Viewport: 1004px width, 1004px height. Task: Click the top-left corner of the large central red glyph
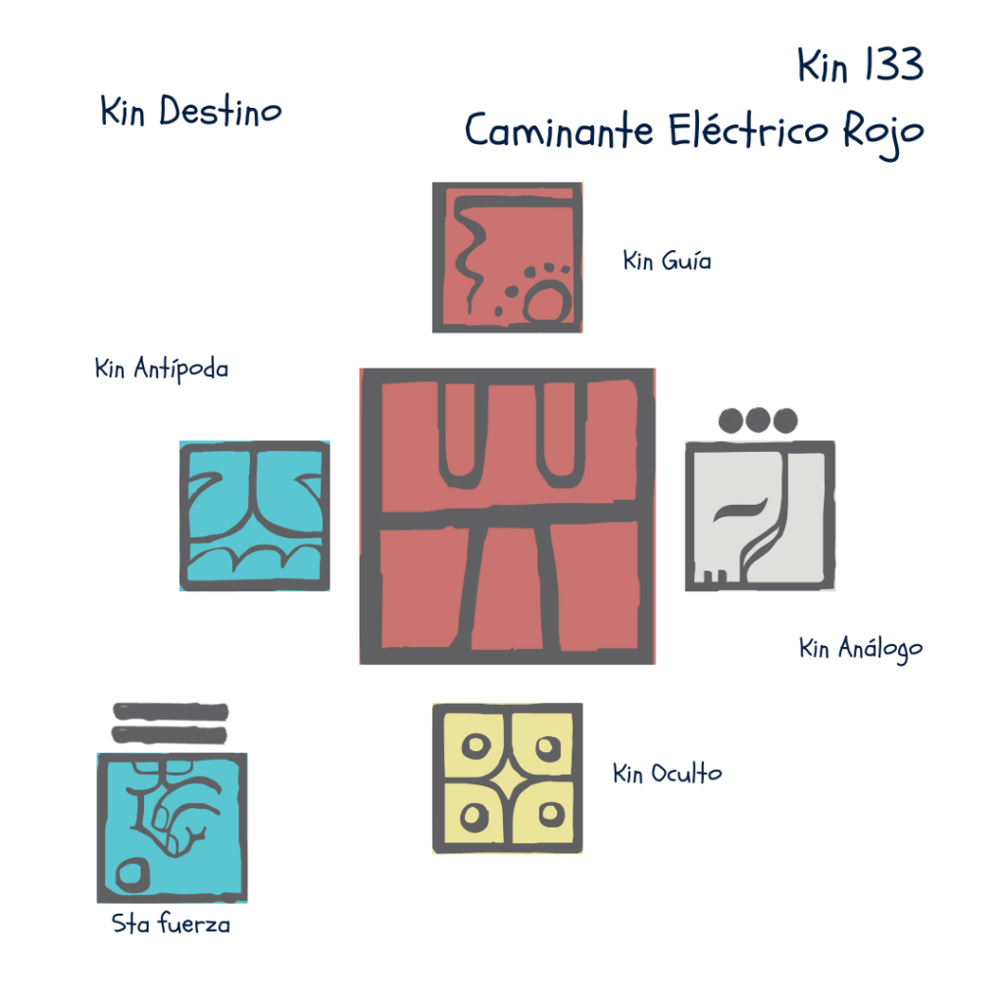point(361,370)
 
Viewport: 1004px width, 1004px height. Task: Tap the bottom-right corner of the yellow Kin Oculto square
point(582,853)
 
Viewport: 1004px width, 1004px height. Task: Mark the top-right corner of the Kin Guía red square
point(582,183)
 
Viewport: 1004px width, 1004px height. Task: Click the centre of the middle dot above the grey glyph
point(758,420)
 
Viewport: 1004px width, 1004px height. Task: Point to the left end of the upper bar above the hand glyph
point(114,712)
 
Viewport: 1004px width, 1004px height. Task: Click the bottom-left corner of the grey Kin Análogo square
point(685,589)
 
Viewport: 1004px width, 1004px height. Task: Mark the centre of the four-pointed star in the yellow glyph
point(508,778)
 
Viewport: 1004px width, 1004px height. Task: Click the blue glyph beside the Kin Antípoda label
point(255,516)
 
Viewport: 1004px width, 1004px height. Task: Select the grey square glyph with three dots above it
point(760,516)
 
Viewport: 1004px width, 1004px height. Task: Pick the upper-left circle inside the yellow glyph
point(476,746)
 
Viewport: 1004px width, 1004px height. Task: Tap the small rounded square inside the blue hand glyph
point(132,875)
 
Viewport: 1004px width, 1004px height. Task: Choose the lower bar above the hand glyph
point(170,734)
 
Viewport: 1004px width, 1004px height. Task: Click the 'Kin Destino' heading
point(191,112)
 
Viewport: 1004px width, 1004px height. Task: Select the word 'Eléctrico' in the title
point(748,130)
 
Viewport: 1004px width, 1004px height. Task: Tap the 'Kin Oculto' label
point(667,774)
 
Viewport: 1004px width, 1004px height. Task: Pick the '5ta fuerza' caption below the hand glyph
point(171,924)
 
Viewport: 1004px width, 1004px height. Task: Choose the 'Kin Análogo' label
point(861,649)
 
